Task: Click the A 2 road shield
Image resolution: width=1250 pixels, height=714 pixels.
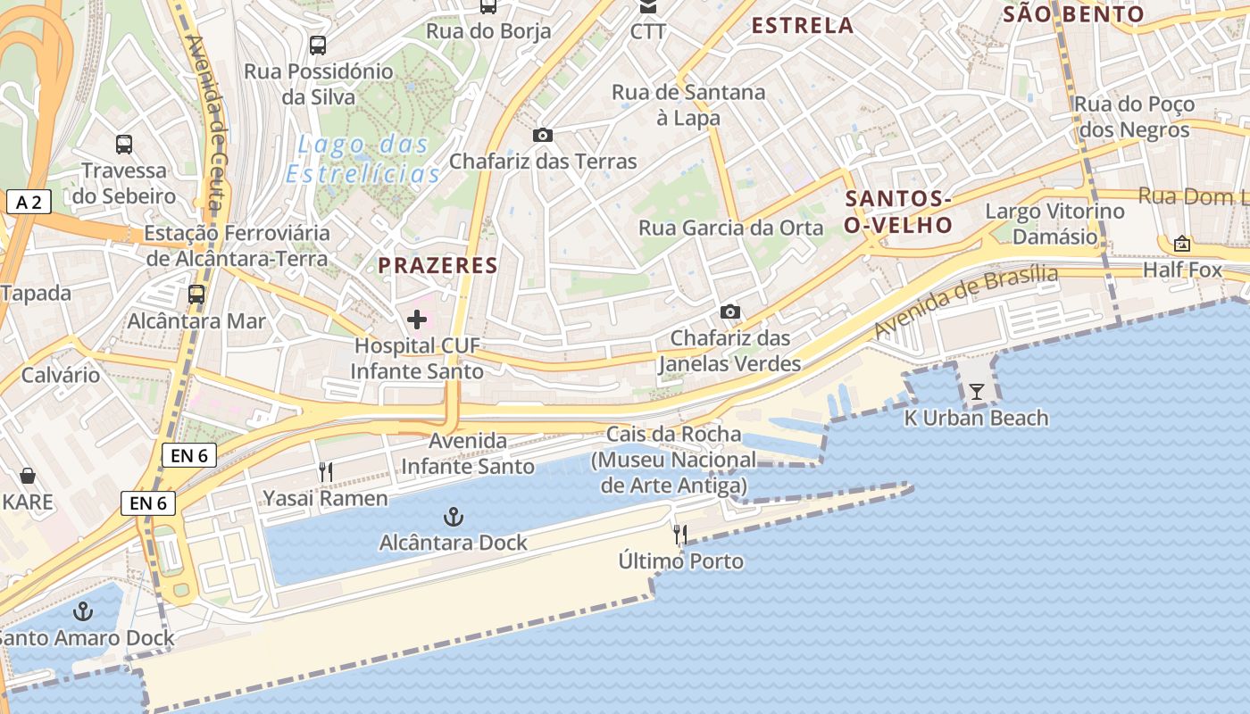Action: tap(29, 202)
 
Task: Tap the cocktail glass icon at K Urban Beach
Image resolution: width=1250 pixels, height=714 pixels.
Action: tap(977, 391)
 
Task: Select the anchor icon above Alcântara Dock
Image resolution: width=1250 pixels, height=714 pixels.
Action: tap(454, 517)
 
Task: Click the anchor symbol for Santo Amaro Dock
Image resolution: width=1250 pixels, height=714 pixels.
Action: tap(83, 611)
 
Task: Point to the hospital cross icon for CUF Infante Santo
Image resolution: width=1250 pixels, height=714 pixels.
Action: tap(417, 320)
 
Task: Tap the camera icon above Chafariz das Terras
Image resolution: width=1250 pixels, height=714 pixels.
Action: tap(542, 136)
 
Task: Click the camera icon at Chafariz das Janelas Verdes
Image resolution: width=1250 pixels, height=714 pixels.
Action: tap(730, 311)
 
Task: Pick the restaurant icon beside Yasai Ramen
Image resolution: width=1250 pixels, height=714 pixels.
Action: tap(326, 472)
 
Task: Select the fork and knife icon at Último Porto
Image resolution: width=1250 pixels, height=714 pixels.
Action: tap(680, 535)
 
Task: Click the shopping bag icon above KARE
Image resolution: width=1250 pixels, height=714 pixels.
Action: tap(28, 476)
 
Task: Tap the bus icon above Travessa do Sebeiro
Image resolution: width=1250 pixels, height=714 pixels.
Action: tap(124, 144)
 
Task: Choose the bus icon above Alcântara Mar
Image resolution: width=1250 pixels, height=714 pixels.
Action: tap(196, 294)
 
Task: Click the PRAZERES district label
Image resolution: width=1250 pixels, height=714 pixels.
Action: tap(437, 265)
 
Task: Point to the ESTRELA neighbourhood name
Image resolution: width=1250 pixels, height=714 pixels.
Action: tap(803, 26)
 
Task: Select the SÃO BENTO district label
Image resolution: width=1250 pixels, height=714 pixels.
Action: tap(1072, 14)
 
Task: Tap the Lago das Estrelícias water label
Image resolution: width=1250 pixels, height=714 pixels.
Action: tap(363, 158)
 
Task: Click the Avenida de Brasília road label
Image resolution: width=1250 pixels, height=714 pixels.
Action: tap(965, 301)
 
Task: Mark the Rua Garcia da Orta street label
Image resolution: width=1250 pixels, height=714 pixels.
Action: tap(730, 228)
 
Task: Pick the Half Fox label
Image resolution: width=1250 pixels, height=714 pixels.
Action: tap(1182, 269)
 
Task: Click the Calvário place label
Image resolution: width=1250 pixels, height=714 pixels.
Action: tap(61, 374)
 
